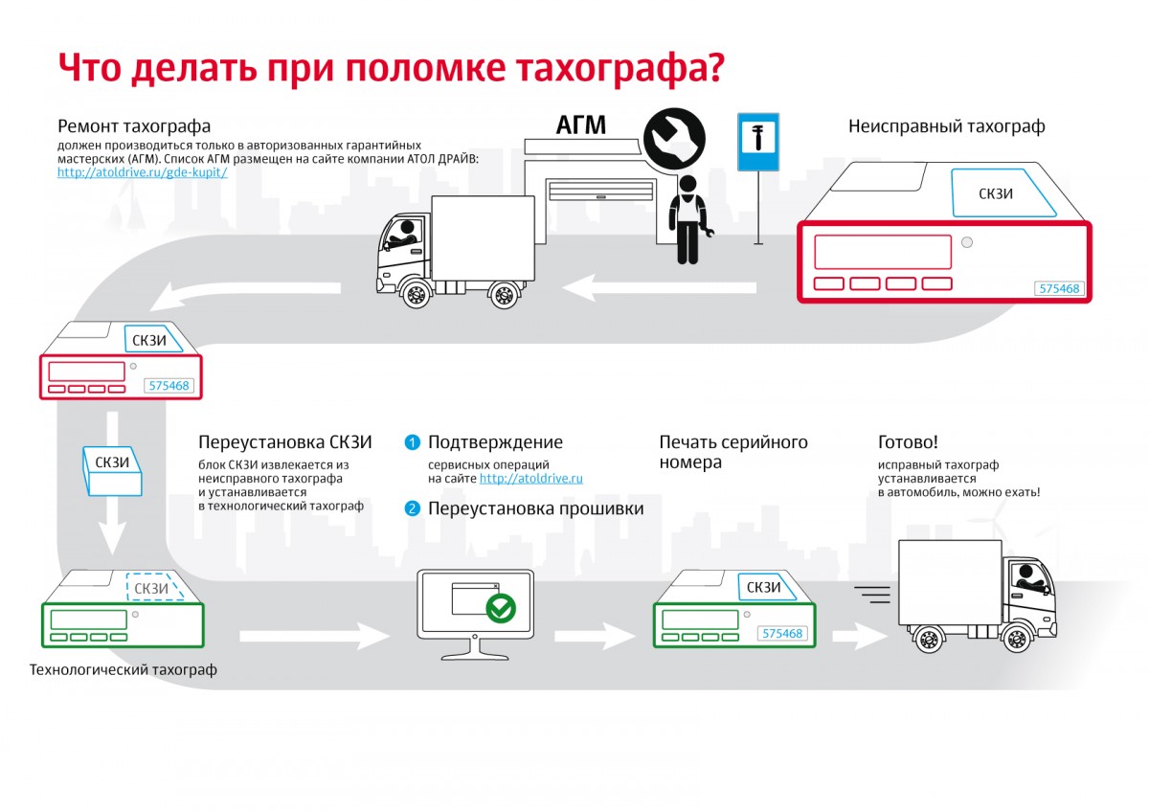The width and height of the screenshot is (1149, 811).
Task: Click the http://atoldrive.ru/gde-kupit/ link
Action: click(142, 172)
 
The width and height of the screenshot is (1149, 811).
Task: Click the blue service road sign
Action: click(757, 143)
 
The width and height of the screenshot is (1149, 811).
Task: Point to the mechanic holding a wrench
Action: click(687, 218)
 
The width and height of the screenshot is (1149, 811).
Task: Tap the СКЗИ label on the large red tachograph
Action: click(996, 193)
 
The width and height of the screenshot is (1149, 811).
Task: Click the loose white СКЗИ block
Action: click(113, 469)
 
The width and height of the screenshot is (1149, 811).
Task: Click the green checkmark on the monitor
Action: click(501, 607)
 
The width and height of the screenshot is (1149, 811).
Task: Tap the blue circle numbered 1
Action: click(412, 442)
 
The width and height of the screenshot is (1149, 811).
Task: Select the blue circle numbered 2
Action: click(412, 508)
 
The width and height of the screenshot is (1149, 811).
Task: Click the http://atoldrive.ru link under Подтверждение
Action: click(530, 478)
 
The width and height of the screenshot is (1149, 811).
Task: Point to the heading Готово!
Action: click(908, 442)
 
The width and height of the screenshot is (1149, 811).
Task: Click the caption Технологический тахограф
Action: click(124, 670)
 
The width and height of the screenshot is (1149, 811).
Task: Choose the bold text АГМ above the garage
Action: click(581, 125)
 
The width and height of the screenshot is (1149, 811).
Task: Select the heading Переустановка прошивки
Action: click(535, 508)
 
